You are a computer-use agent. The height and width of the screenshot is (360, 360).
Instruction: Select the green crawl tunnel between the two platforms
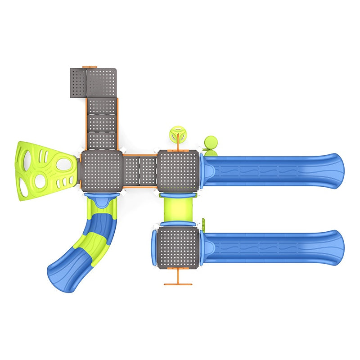pyautogui.click(x=178, y=209)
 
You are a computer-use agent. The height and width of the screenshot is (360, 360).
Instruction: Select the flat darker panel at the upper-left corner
pyautogui.click(x=78, y=83)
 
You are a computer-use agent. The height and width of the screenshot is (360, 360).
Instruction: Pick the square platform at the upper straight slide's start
pyautogui.click(x=178, y=171)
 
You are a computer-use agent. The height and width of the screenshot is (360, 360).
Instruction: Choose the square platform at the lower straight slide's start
pyautogui.click(x=178, y=247)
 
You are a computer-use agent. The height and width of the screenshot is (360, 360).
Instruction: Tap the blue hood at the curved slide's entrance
pyautogui.click(x=102, y=200)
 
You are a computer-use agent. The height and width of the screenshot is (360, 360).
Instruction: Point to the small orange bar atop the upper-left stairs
pyautogui.click(x=90, y=67)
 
